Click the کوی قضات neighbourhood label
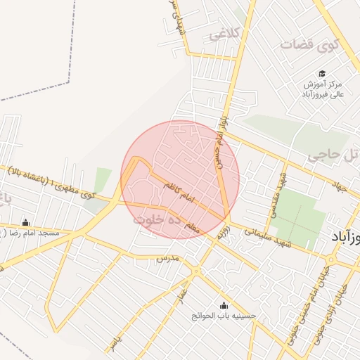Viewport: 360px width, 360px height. click(310, 44)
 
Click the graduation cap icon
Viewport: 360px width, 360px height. click(322, 73)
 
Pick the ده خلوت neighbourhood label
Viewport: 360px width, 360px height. click(159, 219)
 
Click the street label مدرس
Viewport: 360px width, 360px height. click(168, 259)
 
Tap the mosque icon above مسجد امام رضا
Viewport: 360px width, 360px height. click(26, 221)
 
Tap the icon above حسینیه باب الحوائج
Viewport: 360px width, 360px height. click(224, 305)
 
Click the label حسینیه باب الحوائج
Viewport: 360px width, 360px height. click(224, 316)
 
